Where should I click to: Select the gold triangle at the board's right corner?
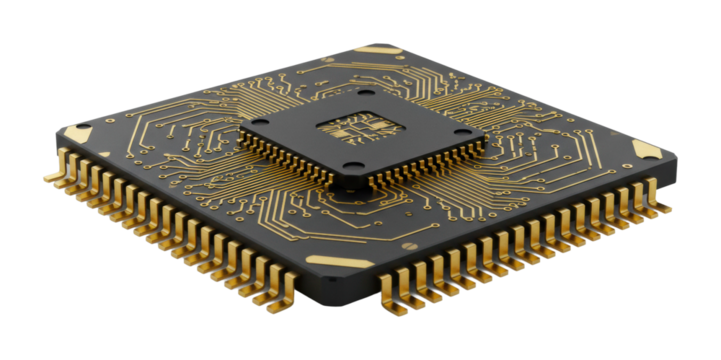click(645, 151)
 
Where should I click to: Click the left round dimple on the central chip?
click(267, 126)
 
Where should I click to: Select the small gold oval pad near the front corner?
click(409, 244)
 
